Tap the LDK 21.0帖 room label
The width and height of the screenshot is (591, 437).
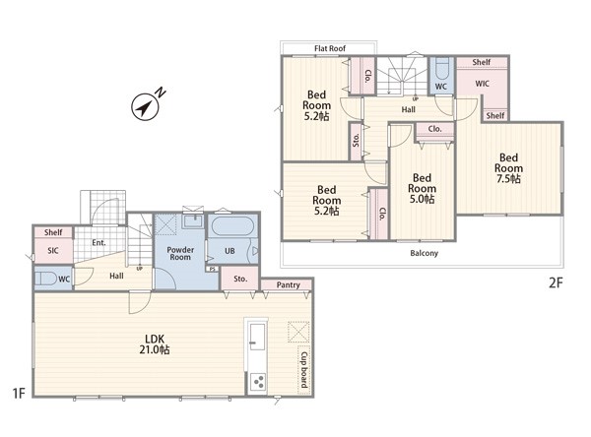[x=155, y=344]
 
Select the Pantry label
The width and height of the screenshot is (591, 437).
[x=288, y=284]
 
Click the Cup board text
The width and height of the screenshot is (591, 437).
[x=303, y=370]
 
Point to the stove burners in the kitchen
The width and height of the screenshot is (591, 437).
[x=258, y=382]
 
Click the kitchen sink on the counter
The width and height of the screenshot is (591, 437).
[x=257, y=337]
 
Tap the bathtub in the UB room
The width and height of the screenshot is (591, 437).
[x=232, y=226]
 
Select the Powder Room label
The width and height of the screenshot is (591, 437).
[x=180, y=253]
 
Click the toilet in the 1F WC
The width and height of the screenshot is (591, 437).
[x=44, y=279]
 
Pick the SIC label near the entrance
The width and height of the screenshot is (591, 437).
[x=53, y=251]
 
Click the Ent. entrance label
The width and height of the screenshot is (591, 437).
[x=98, y=242]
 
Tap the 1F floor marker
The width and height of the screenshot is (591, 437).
[x=19, y=394]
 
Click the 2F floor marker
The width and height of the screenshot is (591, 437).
[x=556, y=282]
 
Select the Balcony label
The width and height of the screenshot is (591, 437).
[x=424, y=253]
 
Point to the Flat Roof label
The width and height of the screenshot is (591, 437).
[x=330, y=48]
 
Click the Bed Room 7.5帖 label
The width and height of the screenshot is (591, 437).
[x=508, y=168]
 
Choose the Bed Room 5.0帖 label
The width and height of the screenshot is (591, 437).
[x=422, y=188]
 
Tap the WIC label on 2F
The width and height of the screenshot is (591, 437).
[x=482, y=84]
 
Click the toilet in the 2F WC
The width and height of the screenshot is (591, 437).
[x=442, y=68]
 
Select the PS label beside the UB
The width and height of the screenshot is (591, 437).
[x=212, y=269]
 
